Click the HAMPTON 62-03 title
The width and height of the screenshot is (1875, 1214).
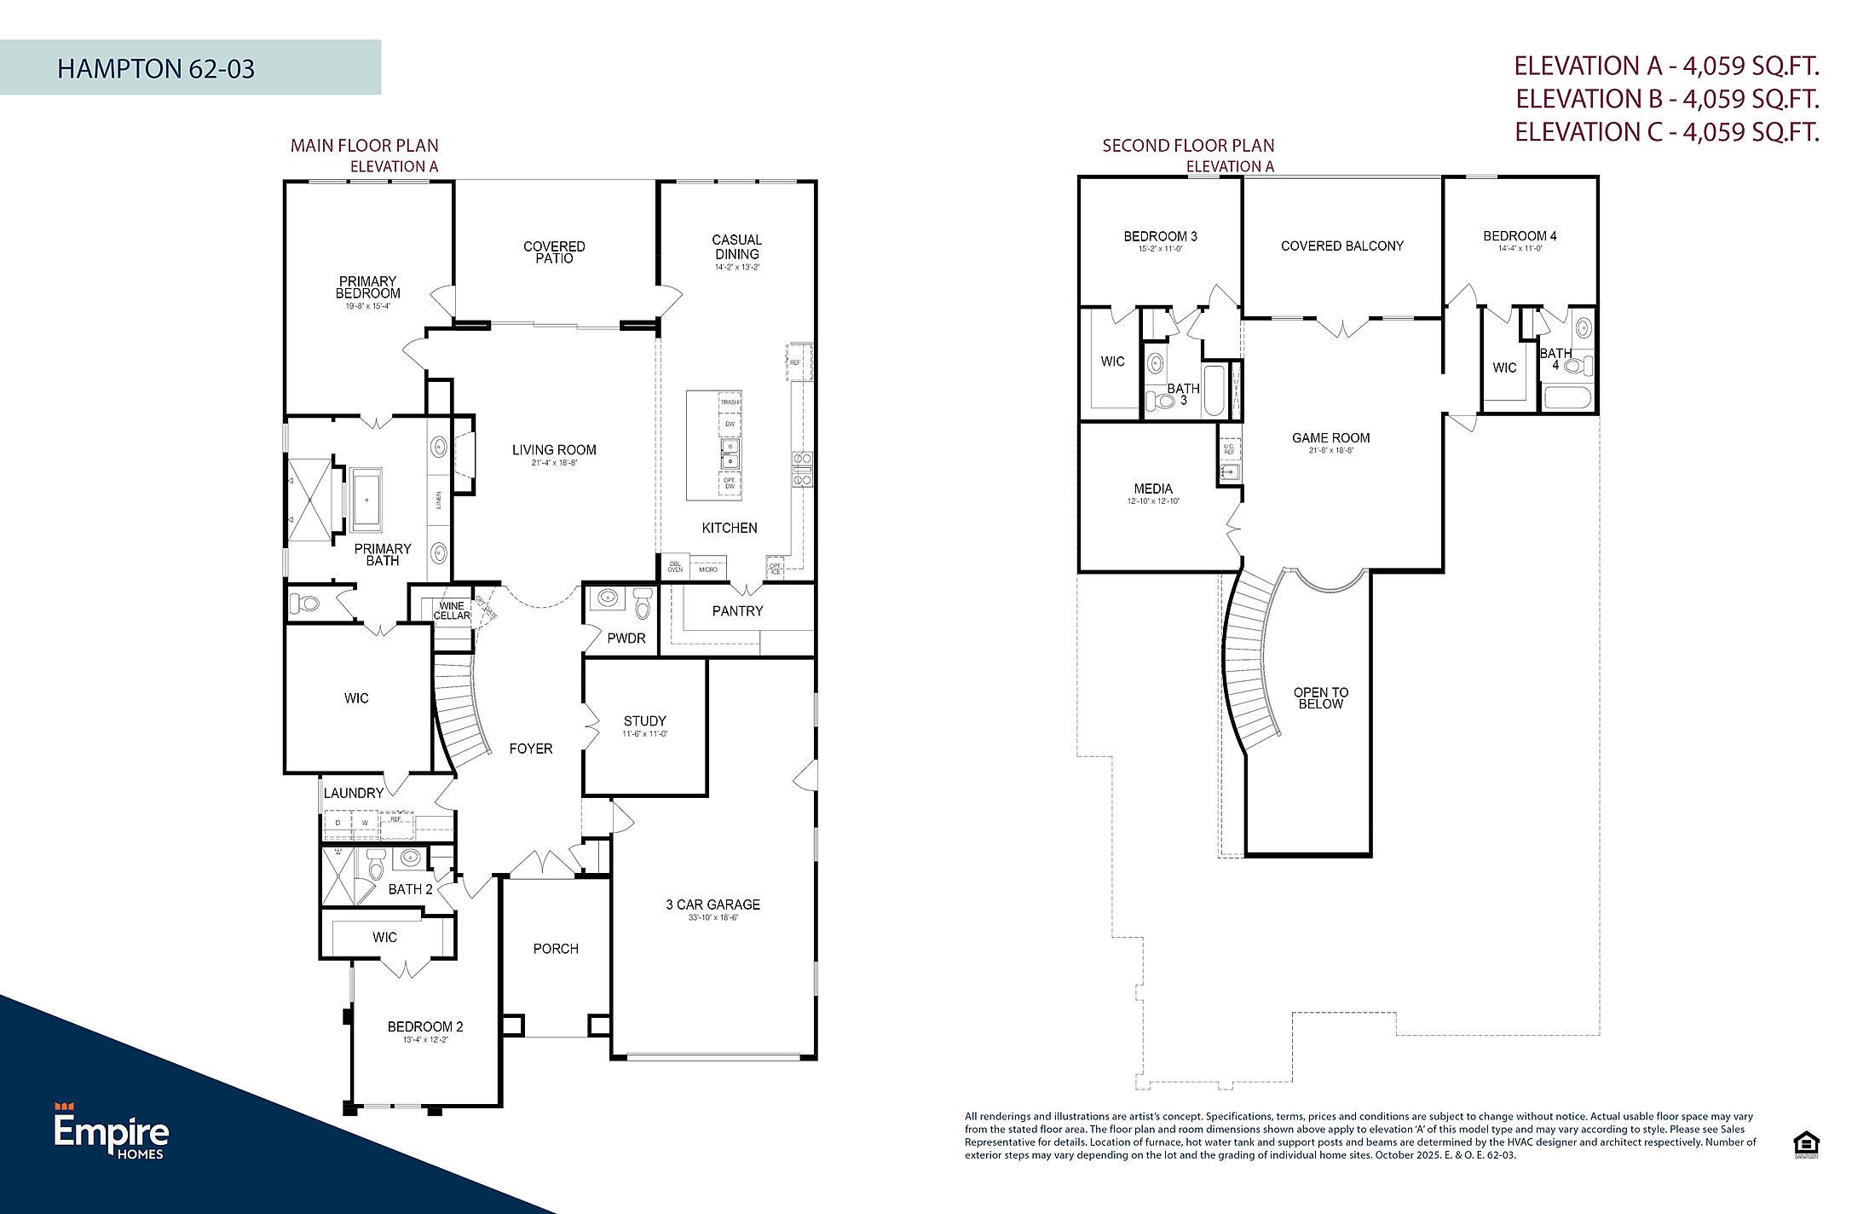pyautogui.click(x=156, y=68)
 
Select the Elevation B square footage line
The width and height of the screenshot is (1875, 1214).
pyautogui.click(x=1666, y=99)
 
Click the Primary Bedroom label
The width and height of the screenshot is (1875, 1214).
pyautogui.click(x=367, y=287)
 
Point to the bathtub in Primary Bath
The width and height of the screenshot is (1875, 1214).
pyautogui.click(x=368, y=498)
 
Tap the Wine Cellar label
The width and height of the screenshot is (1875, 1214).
pyautogui.click(x=452, y=610)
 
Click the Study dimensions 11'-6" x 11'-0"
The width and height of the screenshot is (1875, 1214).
pyautogui.click(x=644, y=734)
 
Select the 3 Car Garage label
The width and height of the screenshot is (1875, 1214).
pyautogui.click(x=712, y=905)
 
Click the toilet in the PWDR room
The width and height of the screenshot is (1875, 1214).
pyautogui.click(x=643, y=604)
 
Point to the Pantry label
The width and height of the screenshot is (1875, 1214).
pyautogui.click(x=737, y=611)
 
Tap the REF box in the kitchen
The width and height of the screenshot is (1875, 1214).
pyautogui.click(x=796, y=362)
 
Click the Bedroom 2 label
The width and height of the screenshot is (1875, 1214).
pyautogui.click(x=424, y=1026)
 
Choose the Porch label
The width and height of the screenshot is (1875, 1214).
pyautogui.click(x=556, y=949)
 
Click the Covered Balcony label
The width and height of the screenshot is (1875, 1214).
pyautogui.click(x=1341, y=246)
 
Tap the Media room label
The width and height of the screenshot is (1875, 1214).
pyautogui.click(x=1152, y=489)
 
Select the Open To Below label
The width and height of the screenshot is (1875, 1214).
pyautogui.click(x=1319, y=698)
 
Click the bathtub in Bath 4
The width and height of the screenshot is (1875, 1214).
pyautogui.click(x=1566, y=399)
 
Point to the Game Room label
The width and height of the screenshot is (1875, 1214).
pyautogui.click(x=1330, y=438)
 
